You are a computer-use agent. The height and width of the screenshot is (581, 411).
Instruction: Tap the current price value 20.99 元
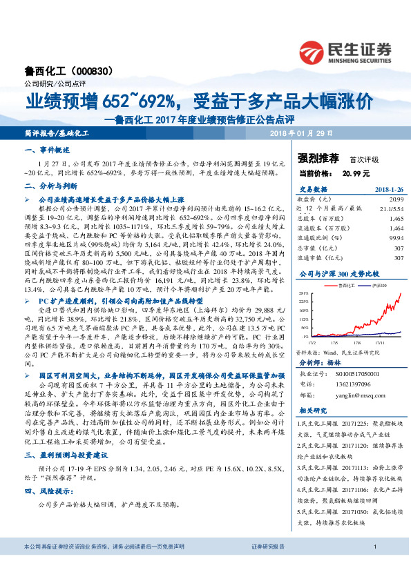pos(356,173)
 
